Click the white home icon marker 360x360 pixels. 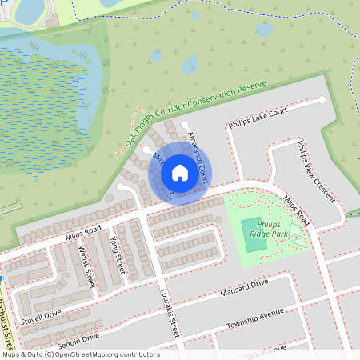(x=179, y=172)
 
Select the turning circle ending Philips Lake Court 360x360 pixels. (x=321, y=100)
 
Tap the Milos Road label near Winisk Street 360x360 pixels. (x=84, y=233)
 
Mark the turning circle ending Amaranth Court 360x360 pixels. (x=186, y=124)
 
